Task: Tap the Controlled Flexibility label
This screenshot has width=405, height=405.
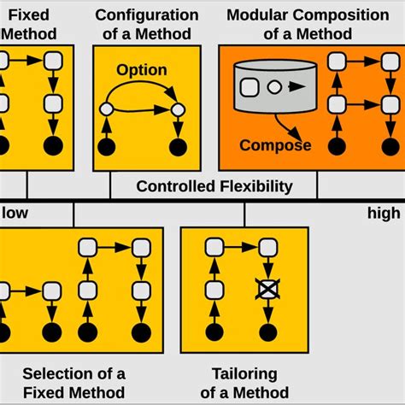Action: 214,186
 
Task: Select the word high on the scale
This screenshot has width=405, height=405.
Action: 384,213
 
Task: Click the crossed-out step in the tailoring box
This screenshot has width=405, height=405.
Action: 267,291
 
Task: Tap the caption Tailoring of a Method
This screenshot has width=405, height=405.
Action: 244,382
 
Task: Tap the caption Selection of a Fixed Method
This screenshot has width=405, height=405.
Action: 73,382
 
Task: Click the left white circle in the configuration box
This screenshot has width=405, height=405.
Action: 106,109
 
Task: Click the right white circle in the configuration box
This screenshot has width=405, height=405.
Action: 178,109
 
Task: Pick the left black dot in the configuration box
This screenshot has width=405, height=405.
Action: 106,147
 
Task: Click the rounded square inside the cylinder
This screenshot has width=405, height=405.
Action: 251,86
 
